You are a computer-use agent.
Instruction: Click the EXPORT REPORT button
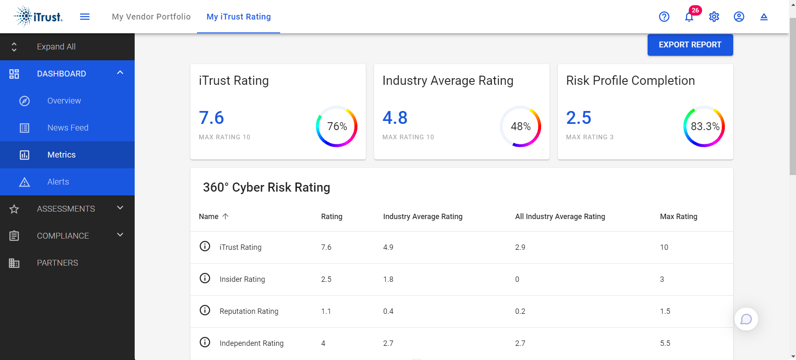coord(690,45)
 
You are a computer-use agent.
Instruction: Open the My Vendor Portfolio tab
coord(151,17)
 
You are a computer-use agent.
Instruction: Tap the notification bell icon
coord(689,17)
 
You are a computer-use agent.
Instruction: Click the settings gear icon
coord(714,17)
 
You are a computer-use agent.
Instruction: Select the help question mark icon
coord(664,17)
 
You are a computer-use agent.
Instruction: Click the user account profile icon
coord(739,17)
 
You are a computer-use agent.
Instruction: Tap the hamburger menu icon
coord(85,17)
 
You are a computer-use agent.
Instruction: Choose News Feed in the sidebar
coord(68,128)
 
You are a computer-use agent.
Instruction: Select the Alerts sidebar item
coord(58,182)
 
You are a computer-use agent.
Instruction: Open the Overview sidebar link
coord(64,101)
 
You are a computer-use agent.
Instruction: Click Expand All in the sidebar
coord(56,47)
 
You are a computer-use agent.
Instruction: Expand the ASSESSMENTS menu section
coord(67,209)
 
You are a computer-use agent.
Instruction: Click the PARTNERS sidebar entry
coord(57,263)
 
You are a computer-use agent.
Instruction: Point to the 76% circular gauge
coord(337,126)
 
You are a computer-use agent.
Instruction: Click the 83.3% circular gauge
coord(704,126)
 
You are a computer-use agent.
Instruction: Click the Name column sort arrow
coord(226,216)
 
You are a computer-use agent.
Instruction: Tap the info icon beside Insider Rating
coord(205,278)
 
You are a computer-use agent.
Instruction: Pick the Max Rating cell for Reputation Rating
coord(665,311)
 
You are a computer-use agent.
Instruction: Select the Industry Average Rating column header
coord(423,217)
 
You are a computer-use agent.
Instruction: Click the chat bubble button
coord(746,319)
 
